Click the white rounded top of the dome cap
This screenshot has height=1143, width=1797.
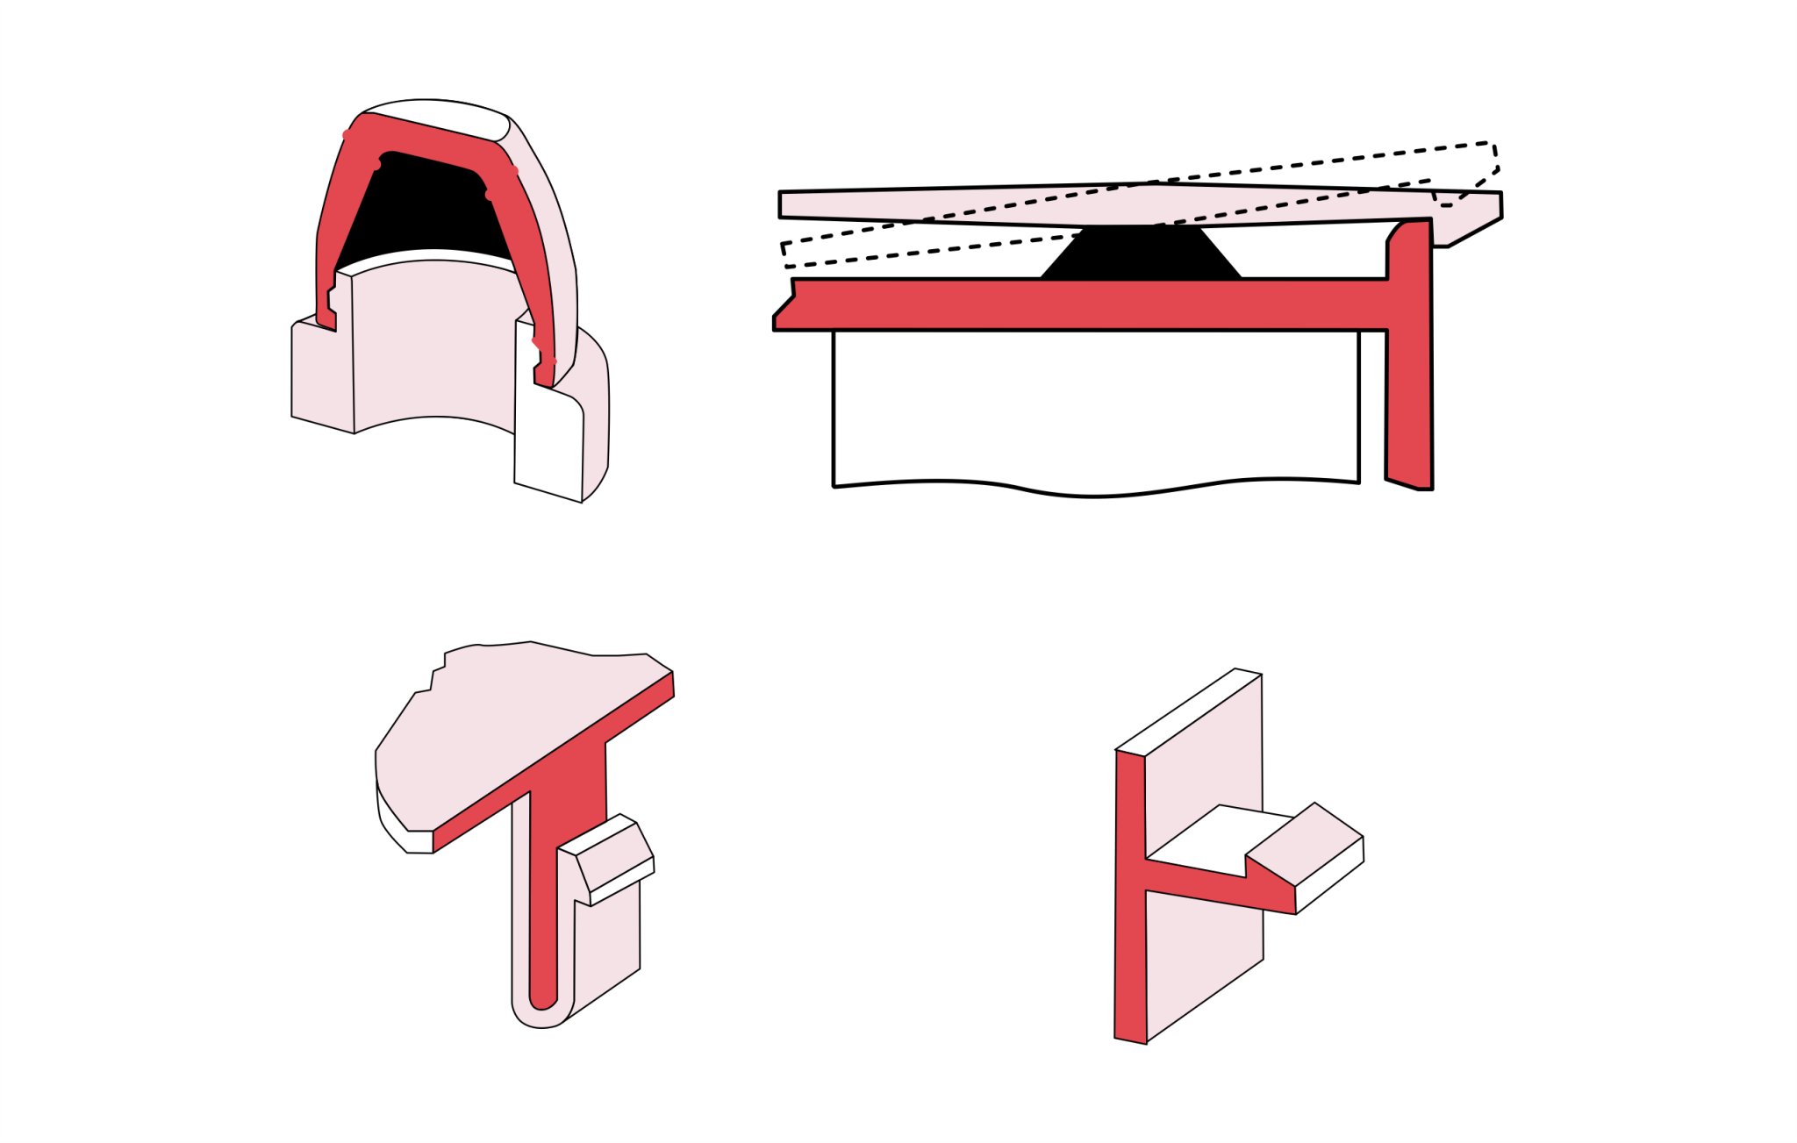coord(434,114)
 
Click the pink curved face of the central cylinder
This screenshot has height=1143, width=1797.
coord(434,342)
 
